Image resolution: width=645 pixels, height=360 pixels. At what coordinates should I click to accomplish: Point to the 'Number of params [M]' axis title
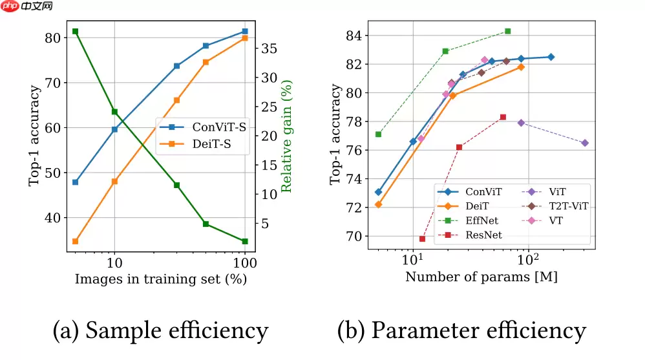coord(481,277)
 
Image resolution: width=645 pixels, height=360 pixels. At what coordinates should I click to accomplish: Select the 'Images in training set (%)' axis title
coord(161,280)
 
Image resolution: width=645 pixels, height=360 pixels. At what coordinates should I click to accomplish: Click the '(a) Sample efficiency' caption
coord(160,330)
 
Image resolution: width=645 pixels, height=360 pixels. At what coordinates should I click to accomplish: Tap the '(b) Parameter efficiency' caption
coord(461,330)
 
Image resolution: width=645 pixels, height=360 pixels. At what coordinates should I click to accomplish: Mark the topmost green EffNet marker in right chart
coord(507,31)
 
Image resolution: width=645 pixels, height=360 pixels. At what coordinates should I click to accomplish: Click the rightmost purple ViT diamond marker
coord(585,143)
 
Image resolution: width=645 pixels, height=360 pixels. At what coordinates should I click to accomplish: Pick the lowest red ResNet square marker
coord(423,238)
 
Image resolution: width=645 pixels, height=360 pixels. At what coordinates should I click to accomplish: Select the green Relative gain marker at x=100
coord(245,241)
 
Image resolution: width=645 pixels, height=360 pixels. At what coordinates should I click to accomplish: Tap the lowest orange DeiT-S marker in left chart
coord(75,241)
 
